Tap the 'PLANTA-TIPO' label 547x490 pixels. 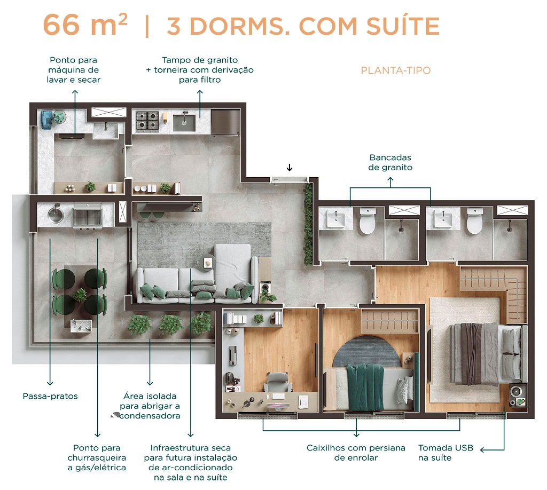[395, 70]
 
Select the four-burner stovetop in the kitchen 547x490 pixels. [147, 121]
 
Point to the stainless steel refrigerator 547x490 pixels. [225, 122]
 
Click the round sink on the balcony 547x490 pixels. [56, 215]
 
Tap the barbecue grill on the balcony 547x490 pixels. [86, 217]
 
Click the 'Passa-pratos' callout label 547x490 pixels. [50, 396]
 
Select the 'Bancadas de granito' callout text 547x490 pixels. [390, 162]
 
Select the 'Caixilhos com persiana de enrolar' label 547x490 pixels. [356, 453]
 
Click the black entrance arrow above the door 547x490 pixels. [290, 168]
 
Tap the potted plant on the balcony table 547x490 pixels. [80, 294]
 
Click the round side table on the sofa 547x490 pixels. [208, 262]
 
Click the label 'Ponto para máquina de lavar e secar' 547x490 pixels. [74, 70]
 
